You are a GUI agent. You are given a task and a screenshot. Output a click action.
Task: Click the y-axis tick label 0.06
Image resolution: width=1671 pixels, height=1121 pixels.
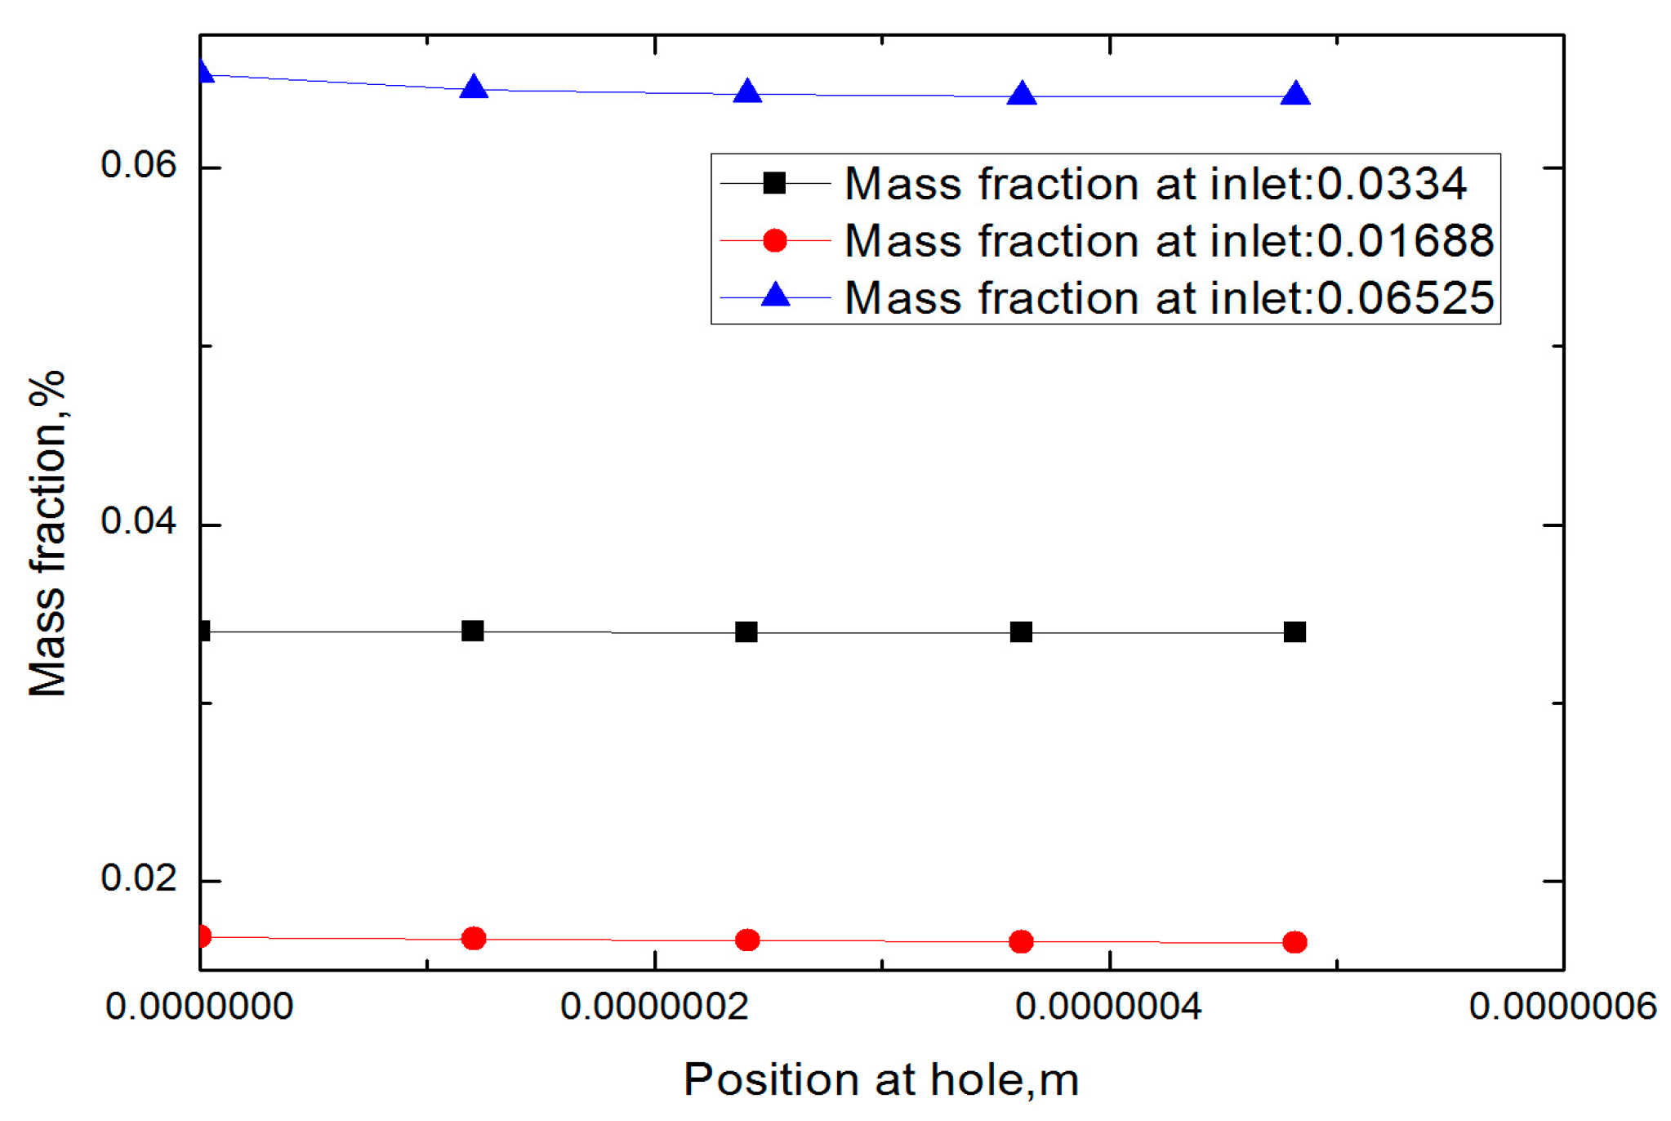(x=138, y=165)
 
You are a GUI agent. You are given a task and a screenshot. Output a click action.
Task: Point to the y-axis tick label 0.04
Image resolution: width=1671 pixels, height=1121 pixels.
(x=138, y=521)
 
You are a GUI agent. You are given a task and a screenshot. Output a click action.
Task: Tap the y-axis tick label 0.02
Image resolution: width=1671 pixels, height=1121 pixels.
(x=138, y=878)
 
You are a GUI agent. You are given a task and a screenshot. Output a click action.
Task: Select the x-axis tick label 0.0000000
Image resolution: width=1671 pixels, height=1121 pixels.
(x=199, y=1007)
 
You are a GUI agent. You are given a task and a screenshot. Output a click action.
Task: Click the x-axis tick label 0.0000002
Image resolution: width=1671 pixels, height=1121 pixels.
(x=654, y=1007)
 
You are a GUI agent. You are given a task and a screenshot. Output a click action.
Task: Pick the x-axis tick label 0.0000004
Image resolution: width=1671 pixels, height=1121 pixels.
(x=1108, y=1007)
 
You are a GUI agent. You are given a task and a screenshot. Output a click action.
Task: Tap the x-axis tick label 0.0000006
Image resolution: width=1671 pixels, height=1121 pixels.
(x=1562, y=1007)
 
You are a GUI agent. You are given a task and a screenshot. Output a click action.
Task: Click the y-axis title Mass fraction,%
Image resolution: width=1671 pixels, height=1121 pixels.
(x=47, y=533)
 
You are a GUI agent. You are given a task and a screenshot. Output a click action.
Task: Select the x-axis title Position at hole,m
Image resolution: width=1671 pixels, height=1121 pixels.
(x=881, y=1080)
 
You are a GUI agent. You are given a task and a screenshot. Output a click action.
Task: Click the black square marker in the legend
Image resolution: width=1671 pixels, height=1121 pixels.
(x=774, y=183)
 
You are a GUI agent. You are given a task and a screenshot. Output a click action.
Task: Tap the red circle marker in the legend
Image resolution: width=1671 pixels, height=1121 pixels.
(x=774, y=240)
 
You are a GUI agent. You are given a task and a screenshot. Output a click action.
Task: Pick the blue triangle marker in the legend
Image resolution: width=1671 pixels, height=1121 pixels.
(x=774, y=295)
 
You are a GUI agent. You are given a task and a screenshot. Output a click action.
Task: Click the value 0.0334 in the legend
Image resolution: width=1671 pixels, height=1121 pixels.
(x=1392, y=183)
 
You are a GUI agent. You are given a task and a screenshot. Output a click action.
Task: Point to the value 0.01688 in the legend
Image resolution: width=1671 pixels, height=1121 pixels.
(x=1405, y=240)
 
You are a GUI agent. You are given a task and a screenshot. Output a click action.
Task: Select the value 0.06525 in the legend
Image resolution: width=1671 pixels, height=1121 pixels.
(x=1405, y=297)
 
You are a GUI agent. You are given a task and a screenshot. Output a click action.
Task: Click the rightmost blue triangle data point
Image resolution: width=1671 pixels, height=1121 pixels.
(x=1295, y=95)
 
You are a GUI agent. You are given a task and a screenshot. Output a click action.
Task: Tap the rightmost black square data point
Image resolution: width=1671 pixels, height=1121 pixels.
(x=1294, y=632)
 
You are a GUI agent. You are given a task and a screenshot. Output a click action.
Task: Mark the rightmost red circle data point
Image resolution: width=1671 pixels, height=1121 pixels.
(x=1294, y=942)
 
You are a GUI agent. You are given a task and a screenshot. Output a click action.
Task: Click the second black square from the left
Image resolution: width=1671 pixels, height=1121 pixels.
(x=473, y=631)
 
